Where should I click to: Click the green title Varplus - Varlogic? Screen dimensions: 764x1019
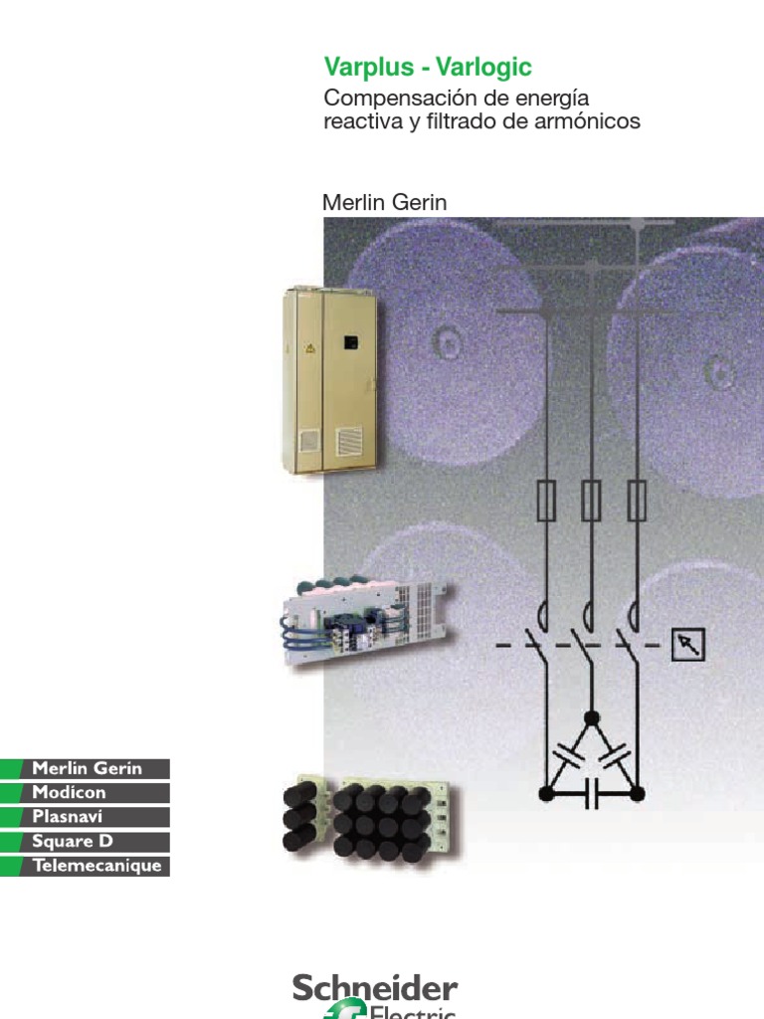428,67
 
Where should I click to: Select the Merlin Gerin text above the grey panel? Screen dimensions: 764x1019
385,202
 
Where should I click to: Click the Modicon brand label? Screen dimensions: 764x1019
69,792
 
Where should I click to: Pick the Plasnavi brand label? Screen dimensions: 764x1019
67,816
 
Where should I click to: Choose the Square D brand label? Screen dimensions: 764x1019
73,841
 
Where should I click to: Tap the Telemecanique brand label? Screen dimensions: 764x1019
97,865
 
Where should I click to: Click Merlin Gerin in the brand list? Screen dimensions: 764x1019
88,768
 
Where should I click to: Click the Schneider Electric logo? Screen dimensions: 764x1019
375,995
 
